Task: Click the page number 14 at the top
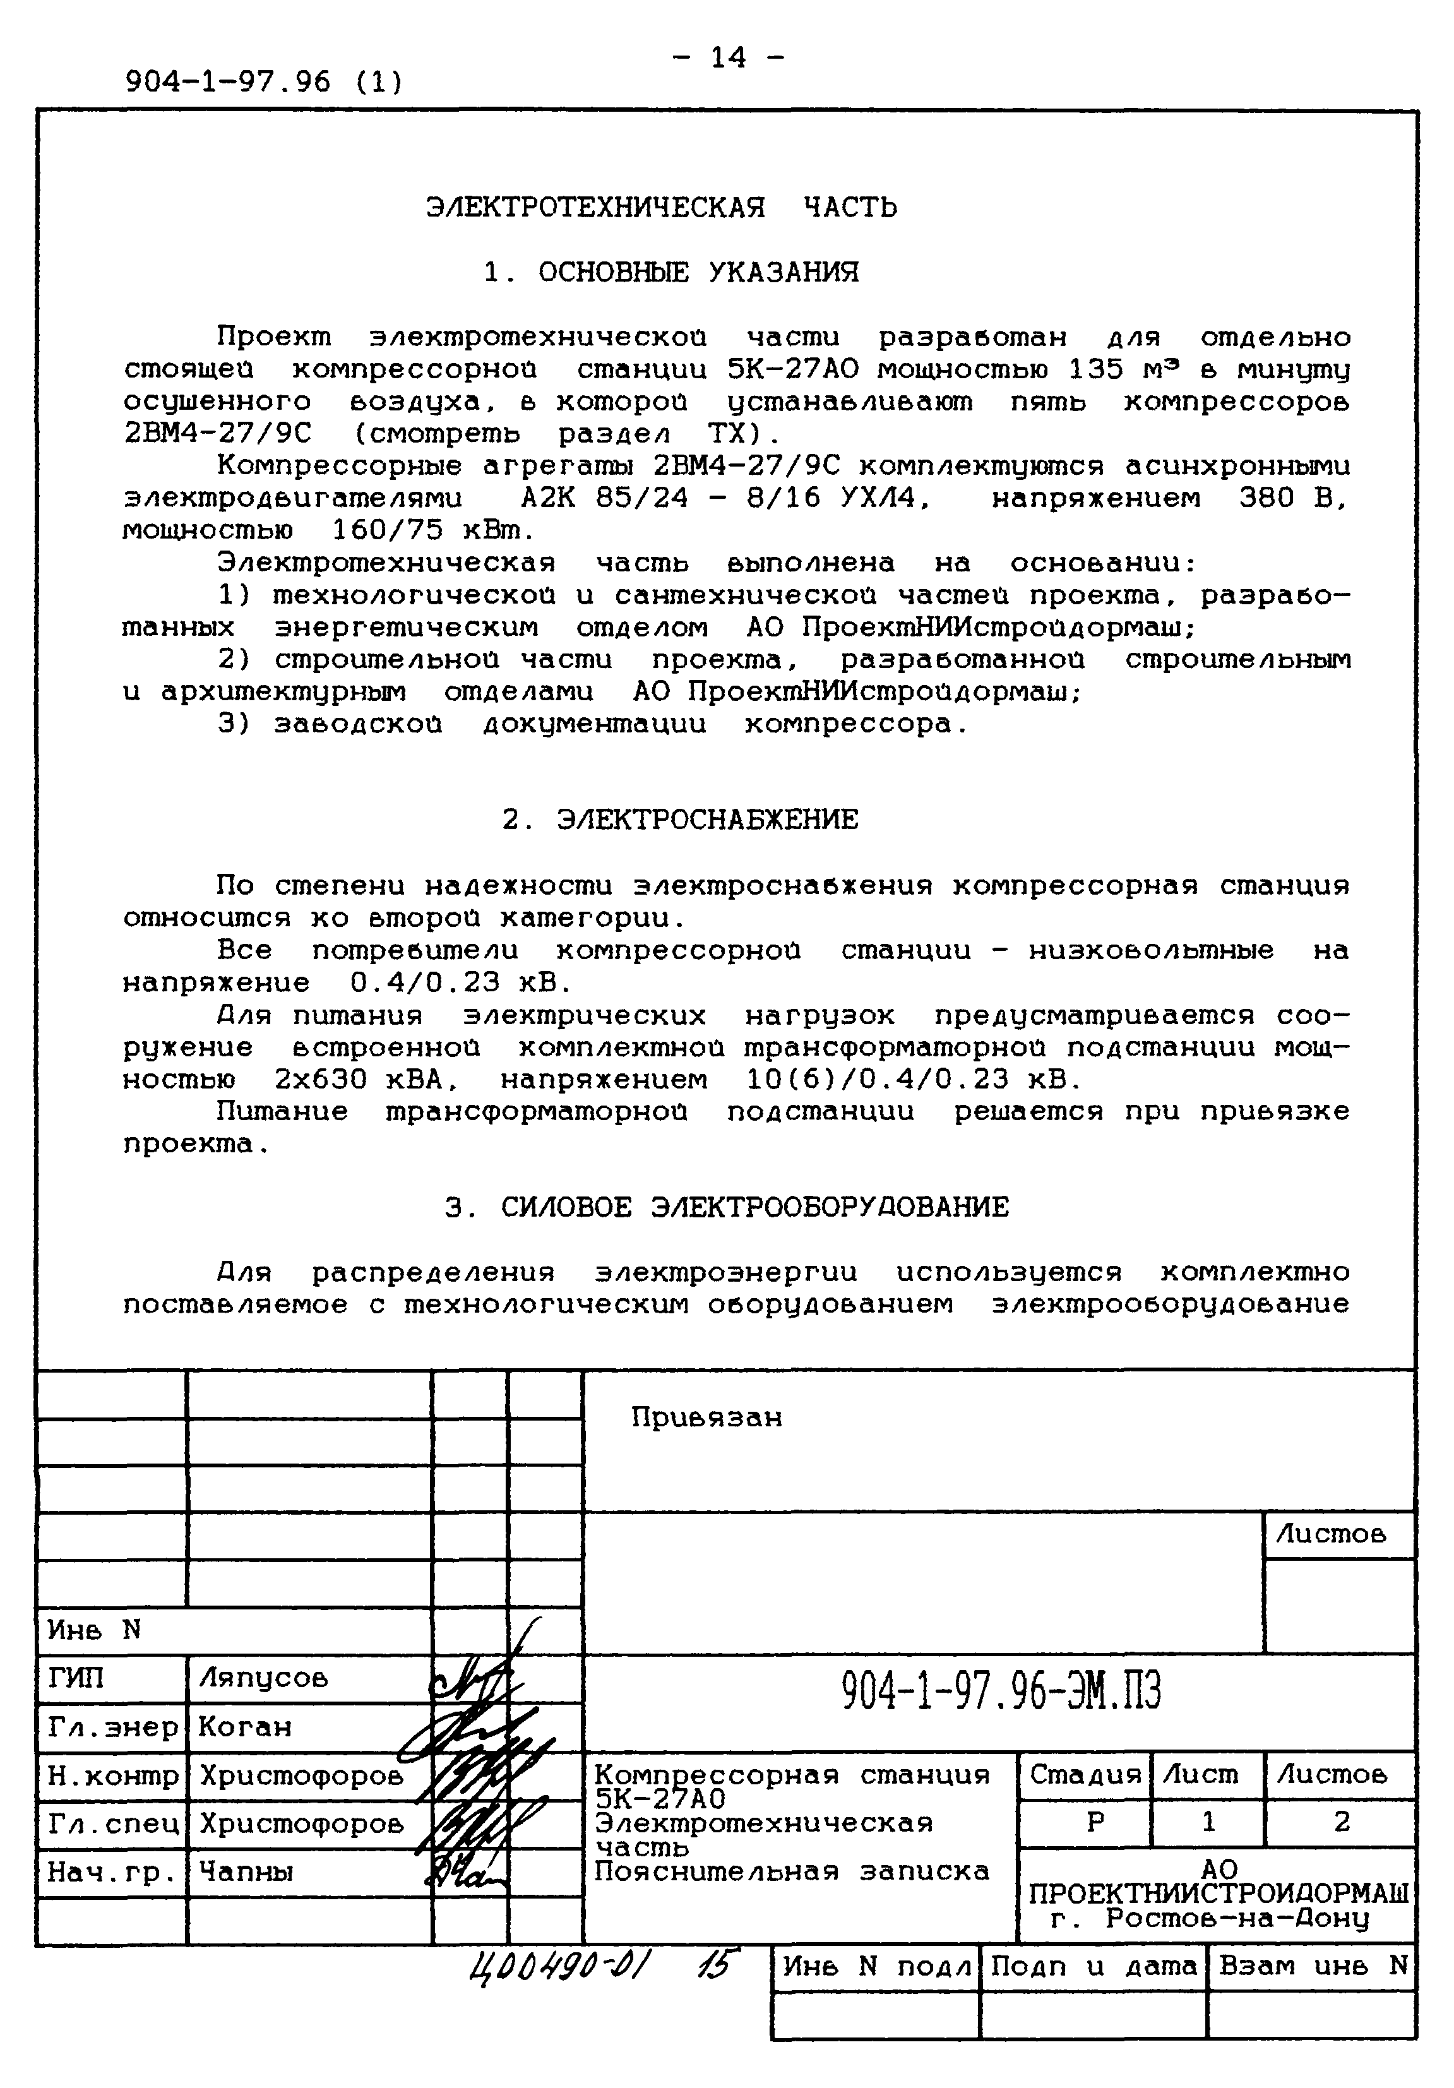(x=727, y=58)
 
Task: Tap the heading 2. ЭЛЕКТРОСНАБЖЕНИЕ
(x=679, y=820)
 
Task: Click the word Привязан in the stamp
(x=706, y=1417)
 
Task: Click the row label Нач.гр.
(x=110, y=1873)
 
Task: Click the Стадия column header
(x=1084, y=1775)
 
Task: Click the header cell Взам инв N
(x=1312, y=1966)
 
